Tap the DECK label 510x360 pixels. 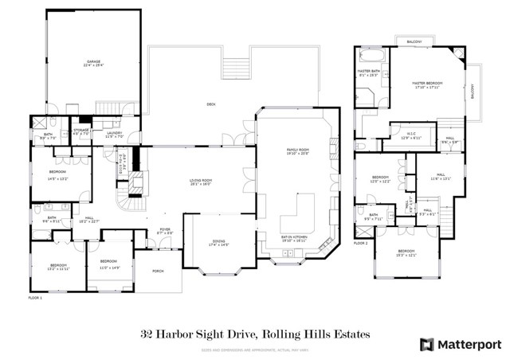[210, 104]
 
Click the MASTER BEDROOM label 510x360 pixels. [426, 83]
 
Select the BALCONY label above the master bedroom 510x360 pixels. [414, 41]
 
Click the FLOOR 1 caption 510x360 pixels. [34, 297]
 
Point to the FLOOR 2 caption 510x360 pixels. [361, 243]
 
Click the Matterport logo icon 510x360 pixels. [427, 344]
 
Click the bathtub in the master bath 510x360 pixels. [371, 57]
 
